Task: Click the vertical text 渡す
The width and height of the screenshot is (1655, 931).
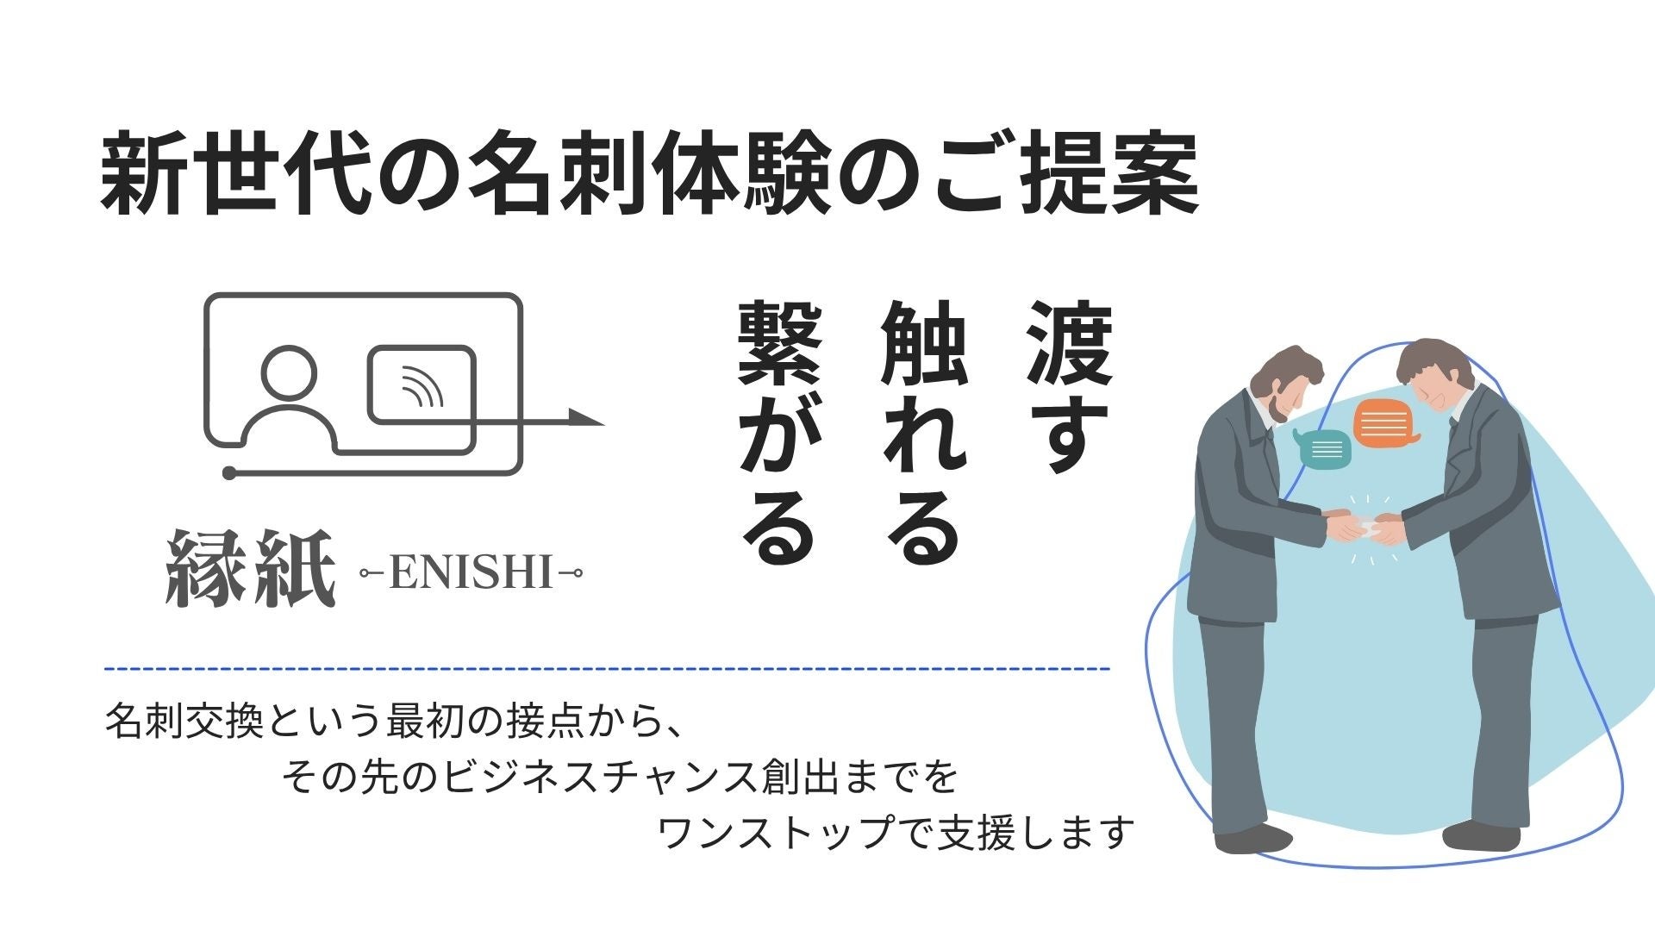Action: coord(1069,387)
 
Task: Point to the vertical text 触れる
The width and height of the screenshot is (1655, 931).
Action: coord(925,431)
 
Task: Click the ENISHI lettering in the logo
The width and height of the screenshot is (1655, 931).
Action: coord(471,572)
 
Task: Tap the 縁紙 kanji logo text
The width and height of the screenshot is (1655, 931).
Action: coord(250,569)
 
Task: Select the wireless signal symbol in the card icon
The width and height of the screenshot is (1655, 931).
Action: coord(422,385)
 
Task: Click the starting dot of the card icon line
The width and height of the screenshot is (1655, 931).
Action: coord(229,472)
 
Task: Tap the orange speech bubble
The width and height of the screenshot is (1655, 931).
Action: coord(1387,423)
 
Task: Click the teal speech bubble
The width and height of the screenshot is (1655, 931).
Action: coord(1322,448)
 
